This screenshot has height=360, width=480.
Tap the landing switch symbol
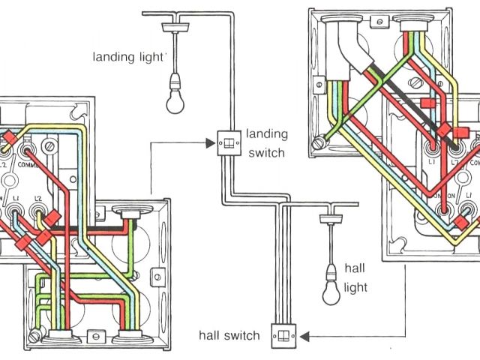coord(226,142)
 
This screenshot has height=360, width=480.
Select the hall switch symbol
coord(283,334)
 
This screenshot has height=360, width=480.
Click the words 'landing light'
coord(129,56)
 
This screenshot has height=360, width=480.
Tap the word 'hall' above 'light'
coord(354,268)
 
